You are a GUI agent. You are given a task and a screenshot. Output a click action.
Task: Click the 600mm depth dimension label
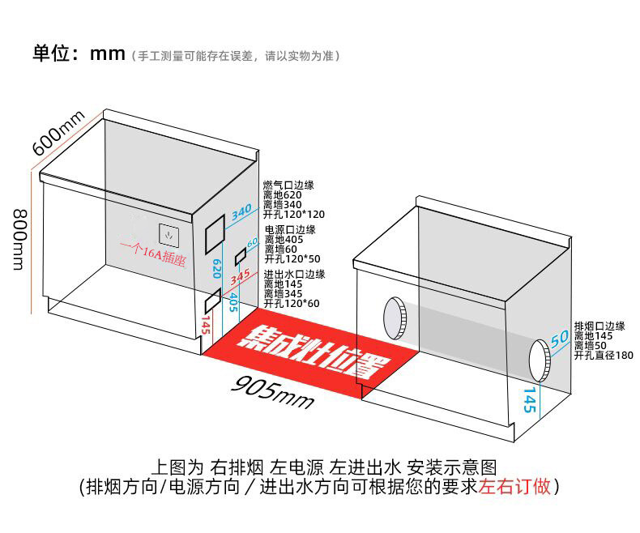pyautogui.click(x=58, y=133)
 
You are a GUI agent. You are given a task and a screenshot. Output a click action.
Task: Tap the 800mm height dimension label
pyautogui.click(x=20, y=240)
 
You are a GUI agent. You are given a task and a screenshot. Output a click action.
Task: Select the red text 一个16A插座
pyautogui.click(x=153, y=254)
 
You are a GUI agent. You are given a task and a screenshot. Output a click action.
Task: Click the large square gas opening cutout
pyautogui.click(x=215, y=235)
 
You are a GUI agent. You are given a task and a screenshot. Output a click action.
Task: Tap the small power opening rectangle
pyautogui.click(x=240, y=257)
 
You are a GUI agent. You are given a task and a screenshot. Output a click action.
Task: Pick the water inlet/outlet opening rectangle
pyautogui.click(x=212, y=301)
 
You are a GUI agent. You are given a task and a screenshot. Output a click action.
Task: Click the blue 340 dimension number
pyautogui.click(x=241, y=212)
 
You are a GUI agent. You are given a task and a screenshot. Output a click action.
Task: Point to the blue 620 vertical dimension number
pyautogui.click(x=217, y=269)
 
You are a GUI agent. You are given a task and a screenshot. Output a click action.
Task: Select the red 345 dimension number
pyautogui.click(x=240, y=277)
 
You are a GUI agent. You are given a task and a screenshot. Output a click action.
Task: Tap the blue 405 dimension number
pyautogui.click(x=233, y=302)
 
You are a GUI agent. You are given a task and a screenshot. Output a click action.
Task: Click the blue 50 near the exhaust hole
pyautogui.click(x=560, y=339)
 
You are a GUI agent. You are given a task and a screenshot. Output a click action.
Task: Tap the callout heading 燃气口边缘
pyautogui.click(x=288, y=185)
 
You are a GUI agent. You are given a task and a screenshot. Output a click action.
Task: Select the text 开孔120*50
pyautogui.click(x=292, y=259)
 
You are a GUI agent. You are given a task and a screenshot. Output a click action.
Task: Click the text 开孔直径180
pyautogui.click(x=604, y=356)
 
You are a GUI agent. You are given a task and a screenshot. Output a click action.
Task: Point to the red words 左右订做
pyautogui.click(x=514, y=487)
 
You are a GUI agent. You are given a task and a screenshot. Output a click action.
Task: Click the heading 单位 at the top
pyautogui.click(x=51, y=53)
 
